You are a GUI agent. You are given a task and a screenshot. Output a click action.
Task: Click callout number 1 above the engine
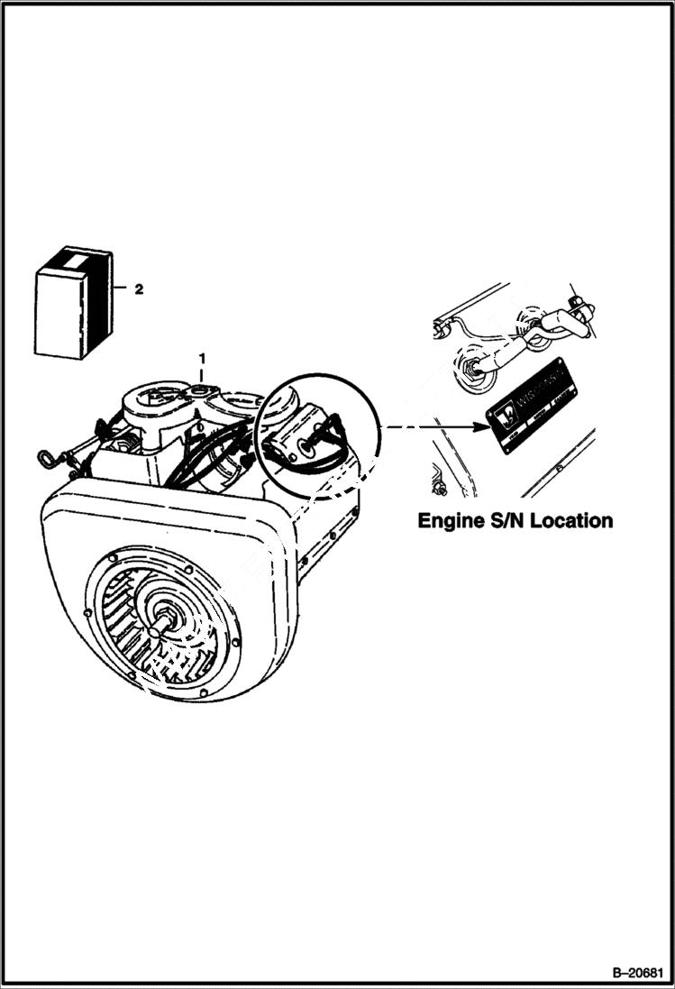tap(202, 357)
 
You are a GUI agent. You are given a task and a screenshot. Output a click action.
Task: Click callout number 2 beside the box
tap(138, 289)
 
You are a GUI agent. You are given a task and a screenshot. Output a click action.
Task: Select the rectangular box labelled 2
tap(72, 307)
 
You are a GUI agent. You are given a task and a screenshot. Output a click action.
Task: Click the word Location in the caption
tap(572, 521)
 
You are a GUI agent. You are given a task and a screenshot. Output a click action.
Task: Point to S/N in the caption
tap(513, 521)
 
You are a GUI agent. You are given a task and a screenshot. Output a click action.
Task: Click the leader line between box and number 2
tap(121, 289)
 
